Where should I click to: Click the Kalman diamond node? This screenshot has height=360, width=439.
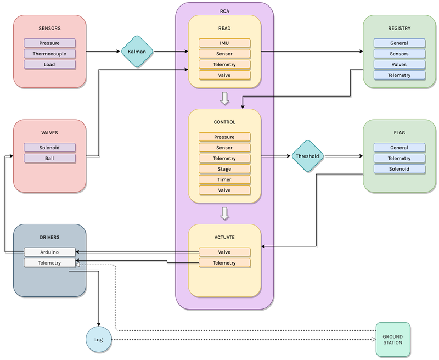point(137,52)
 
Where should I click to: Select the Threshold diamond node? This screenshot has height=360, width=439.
point(308,156)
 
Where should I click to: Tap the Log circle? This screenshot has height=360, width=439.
point(99,340)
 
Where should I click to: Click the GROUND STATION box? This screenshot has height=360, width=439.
point(392,339)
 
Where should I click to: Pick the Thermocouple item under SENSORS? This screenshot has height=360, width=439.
point(50,54)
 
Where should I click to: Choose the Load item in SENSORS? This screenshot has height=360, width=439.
point(50,64)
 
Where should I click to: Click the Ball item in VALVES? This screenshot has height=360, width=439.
point(50,158)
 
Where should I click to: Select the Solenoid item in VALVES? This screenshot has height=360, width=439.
point(50,148)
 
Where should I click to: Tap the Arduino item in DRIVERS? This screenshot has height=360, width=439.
point(50,252)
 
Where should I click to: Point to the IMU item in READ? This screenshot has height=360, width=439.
point(224,43)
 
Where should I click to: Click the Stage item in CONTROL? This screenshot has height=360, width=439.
point(224,169)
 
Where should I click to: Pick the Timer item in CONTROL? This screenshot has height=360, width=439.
point(224,179)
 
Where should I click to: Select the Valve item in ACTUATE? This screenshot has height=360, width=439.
point(224,252)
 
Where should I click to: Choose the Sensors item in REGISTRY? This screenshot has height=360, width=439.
point(399,54)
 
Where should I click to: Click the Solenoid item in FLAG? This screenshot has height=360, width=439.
point(399,168)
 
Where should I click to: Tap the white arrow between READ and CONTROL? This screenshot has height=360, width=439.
point(224,98)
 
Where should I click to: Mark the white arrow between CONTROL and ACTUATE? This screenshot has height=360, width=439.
point(224,212)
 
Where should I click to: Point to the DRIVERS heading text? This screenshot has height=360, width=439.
point(50,237)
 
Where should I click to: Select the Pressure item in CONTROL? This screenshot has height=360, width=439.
point(224,137)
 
